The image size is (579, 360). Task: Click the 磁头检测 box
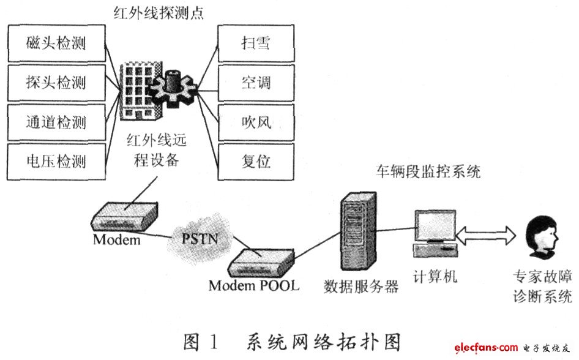tap(56, 43)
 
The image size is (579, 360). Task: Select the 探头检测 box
tap(56, 83)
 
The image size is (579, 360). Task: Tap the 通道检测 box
tap(56, 122)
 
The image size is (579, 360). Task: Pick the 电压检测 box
tap(56, 162)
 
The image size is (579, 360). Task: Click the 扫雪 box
tap(256, 43)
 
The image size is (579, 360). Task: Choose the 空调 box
tap(256, 83)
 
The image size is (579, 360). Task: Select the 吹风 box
tap(256, 122)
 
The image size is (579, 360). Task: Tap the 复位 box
tap(256, 162)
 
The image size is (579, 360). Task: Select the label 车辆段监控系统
tap(428, 172)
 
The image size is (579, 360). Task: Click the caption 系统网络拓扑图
tap(324, 340)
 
